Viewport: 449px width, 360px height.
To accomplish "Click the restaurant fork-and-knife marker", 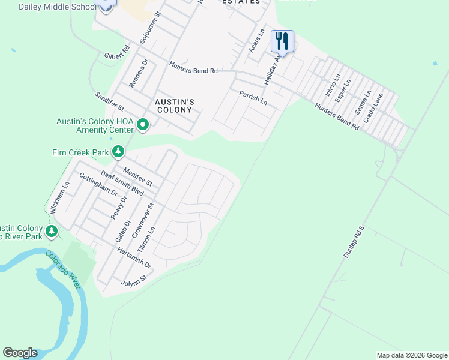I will coord(282,41).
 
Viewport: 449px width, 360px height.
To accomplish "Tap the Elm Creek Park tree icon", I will coord(119,152).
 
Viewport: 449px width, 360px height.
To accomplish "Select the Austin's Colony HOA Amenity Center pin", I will coord(143,125).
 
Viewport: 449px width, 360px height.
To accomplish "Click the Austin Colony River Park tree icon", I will coord(52,230).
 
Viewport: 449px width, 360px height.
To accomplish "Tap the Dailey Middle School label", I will coord(57,7).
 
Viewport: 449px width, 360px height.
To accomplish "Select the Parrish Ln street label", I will coord(253,98).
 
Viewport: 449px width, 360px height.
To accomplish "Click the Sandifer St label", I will coord(109,102).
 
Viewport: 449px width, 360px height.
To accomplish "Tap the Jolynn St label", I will coord(134,280).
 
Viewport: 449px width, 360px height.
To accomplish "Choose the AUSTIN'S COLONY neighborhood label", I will coord(173,106).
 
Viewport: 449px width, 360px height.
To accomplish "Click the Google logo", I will coord(20,353).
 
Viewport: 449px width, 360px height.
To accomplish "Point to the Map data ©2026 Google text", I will coord(411,355).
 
